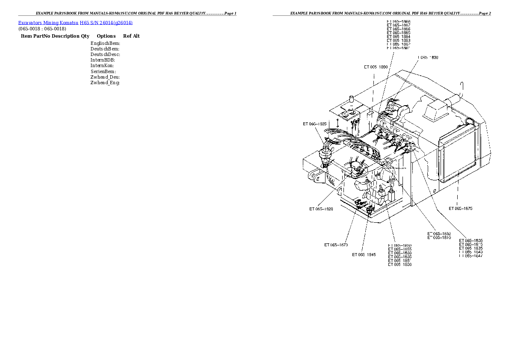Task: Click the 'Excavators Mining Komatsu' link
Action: coord(48,23)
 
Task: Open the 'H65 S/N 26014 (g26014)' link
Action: coord(106,23)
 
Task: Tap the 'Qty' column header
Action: coord(85,36)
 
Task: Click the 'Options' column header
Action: coord(106,36)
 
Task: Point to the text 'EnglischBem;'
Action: coord(105,43)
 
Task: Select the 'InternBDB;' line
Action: coord(103,60)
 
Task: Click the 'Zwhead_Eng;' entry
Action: coord(105,83)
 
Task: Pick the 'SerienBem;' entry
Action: coord(103,71)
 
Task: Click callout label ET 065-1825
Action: coord(315,124)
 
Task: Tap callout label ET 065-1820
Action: coord(321,209)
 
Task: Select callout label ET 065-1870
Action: coord(336,245)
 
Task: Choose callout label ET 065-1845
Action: coord(364,255)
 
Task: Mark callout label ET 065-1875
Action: coord(460,209)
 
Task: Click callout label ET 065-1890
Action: coord(376,67)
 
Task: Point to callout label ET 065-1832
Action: coord(439,233)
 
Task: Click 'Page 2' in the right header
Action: coord(485,14)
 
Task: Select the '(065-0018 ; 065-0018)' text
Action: coord(42,29)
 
